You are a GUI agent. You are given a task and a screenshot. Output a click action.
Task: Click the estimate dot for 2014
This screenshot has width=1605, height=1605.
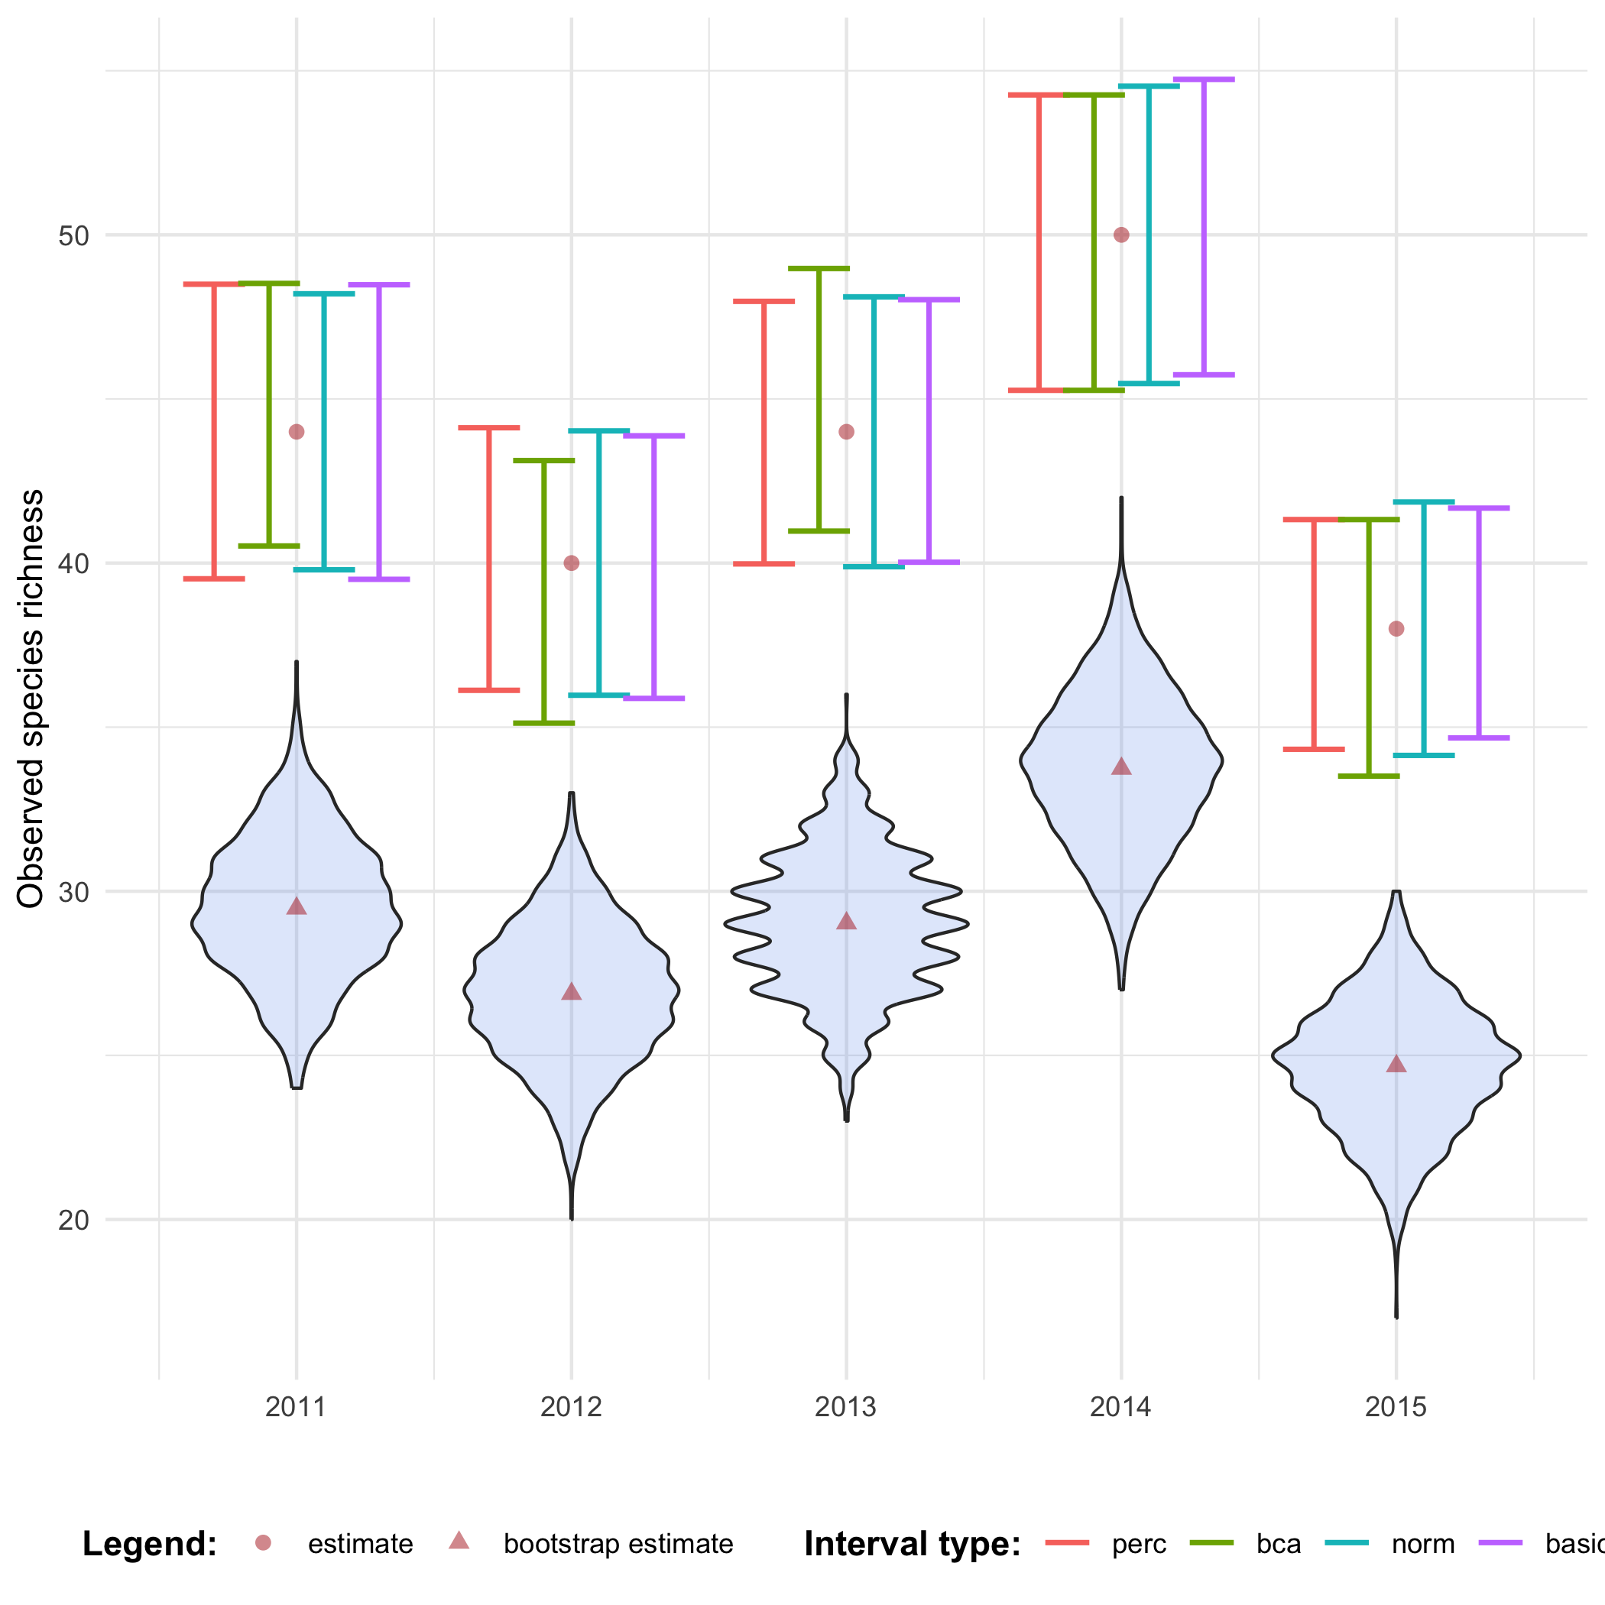pos(1120,235)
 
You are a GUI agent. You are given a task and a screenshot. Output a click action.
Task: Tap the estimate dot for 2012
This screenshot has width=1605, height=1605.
pos(572,563)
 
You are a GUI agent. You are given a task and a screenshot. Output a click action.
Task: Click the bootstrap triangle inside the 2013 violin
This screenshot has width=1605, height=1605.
pos(847,921)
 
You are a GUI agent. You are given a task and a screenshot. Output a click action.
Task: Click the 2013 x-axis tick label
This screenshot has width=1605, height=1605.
pos(846,1406)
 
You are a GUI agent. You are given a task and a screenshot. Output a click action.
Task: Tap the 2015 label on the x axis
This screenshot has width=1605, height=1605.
pos(1396,1406)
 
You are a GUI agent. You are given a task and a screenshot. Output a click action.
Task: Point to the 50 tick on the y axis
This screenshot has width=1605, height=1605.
pos(73,236)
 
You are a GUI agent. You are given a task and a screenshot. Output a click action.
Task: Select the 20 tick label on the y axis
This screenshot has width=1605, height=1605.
pos(73,1221)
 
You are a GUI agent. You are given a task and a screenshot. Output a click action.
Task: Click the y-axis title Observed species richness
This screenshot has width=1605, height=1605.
pos(31,699)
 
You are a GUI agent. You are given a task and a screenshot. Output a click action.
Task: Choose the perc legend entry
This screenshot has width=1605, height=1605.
pos(1139,1544)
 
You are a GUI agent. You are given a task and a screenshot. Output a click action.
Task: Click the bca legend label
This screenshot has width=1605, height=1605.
pos(1279,1544)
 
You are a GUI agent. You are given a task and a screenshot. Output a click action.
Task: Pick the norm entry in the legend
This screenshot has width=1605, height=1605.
pos(1423,1544)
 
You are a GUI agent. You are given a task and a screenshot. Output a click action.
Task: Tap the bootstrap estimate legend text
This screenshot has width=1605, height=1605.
pos(618,1544)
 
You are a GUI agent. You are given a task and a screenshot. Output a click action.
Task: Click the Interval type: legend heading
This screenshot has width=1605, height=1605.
pos(911,1544)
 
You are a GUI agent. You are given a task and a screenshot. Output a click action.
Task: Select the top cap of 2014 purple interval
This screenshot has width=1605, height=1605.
pos(1204,79)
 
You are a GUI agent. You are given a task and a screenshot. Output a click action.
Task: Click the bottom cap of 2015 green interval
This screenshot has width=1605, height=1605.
pos(1369,776)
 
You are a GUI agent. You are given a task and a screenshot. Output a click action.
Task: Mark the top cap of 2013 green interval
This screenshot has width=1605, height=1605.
pos(819,268)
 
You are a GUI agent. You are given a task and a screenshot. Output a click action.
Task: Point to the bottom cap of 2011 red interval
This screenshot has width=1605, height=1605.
pos(214,579)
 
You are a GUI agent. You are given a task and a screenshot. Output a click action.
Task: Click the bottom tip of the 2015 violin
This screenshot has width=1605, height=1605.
pos(1396,1317)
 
